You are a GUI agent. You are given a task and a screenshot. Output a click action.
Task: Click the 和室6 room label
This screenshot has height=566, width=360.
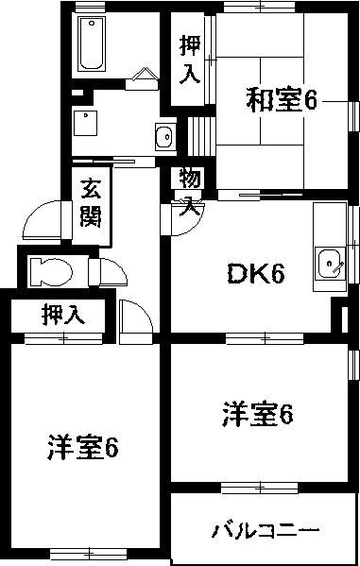point(281,99)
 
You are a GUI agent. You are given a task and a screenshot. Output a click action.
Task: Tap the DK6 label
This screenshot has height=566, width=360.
point(255,275)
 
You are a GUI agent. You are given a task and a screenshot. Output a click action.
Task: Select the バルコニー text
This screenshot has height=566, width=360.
point(266,528)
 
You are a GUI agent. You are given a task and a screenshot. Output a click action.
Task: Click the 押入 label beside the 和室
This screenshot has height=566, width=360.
point(190,59)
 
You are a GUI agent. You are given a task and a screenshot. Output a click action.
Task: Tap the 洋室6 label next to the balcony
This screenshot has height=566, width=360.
point(257,414)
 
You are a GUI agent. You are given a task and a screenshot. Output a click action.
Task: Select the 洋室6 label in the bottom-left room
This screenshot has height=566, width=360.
point(82,448)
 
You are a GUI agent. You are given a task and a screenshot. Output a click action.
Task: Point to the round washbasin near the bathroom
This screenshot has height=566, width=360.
point(163,135)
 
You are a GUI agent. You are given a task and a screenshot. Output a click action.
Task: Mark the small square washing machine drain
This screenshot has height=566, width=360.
point(86,119)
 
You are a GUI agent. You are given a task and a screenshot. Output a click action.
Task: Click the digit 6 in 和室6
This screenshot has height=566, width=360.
point(309,99)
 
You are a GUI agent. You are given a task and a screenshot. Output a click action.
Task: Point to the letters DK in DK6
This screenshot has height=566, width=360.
point(244,275)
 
